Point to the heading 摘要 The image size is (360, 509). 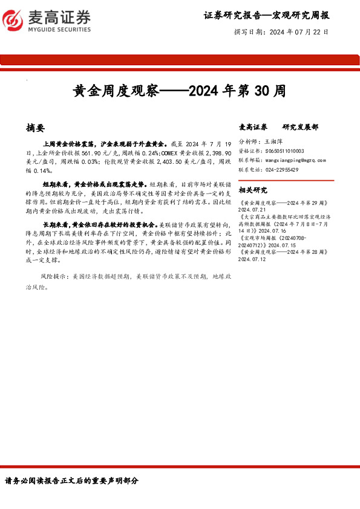(36, 128)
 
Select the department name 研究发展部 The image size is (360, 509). (300, 128)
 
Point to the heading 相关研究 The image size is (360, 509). (253, 190)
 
